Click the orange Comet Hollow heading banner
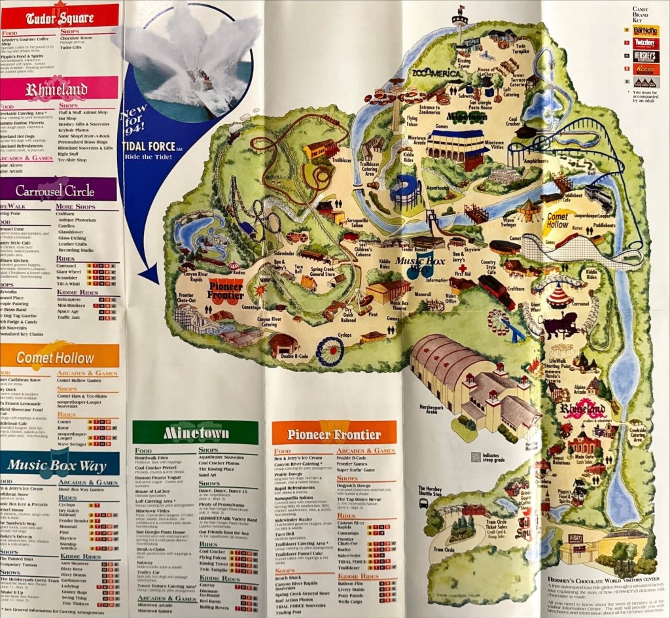tap(59, 358)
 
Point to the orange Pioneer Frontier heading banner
tap(334, 434)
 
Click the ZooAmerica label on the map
tap(438, 73)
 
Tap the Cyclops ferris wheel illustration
tap(330, 351)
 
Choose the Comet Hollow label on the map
tap(557, 220)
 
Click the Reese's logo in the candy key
tap(646, 69)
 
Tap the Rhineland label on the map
tap(582, 410)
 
